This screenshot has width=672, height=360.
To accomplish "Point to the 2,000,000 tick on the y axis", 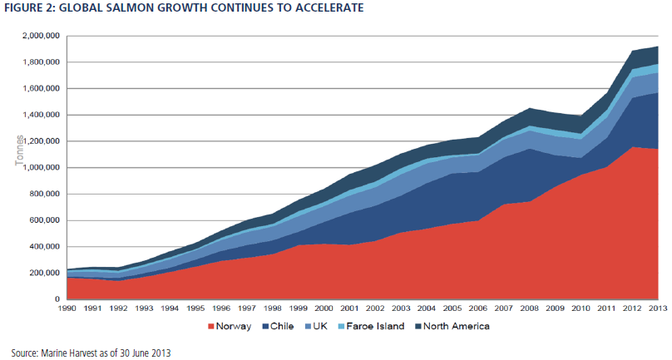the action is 42,36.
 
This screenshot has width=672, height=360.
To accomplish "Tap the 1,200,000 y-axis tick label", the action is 42,141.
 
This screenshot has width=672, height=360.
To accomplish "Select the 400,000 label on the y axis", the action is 45,246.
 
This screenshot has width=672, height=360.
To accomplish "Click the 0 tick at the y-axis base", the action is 57,299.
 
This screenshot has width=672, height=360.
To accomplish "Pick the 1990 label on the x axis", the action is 67,308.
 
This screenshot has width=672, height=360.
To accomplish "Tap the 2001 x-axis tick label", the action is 349,308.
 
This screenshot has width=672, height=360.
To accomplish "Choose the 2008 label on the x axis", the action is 530,308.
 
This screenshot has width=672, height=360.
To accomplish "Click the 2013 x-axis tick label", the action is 658,308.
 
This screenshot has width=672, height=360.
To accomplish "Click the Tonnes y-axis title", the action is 20,150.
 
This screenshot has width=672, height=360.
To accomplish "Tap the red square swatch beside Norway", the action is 211,327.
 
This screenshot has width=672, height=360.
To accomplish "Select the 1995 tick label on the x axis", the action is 195,308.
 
